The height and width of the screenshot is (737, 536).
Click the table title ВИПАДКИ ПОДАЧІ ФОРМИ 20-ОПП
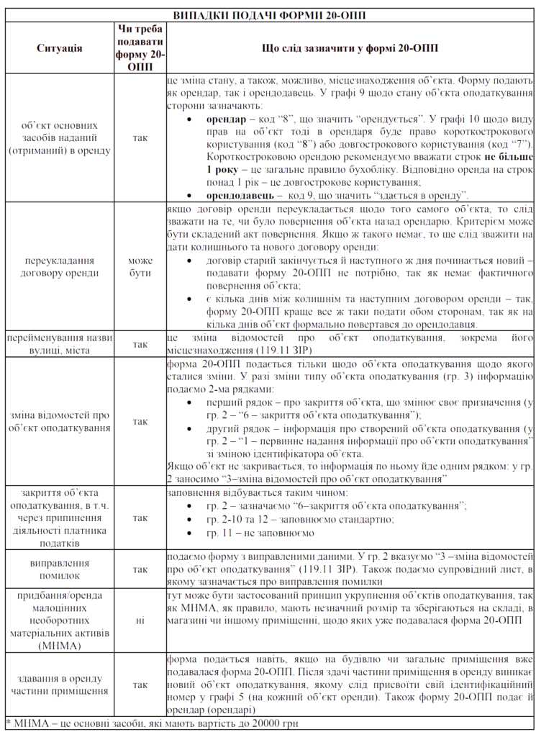(x=268, y=14)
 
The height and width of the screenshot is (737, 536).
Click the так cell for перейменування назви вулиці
(x=140, y=344)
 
